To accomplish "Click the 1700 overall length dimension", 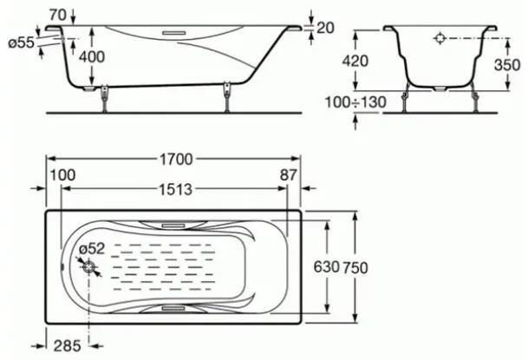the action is tap(176, 160).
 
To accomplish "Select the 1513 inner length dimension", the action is tap(175, 190).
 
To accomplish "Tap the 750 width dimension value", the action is tap(355, 268).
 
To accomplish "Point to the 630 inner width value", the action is tap(326, 267).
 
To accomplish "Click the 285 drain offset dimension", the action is tap(67, 346).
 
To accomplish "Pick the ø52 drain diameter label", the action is tap(92, 249).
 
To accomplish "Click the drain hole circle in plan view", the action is tap(89, 267).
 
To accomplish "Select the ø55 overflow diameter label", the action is tap(21, 43).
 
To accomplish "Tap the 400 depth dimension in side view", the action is tap(92, 57).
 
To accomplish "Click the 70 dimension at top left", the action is tap(57, 15).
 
